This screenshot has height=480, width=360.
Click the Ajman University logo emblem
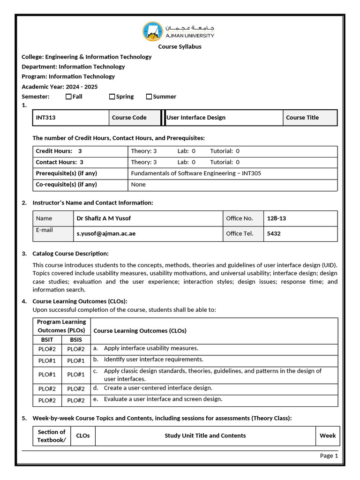(153, 31)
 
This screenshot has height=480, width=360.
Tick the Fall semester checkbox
(68, 97)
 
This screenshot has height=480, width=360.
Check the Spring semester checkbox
(112, 97)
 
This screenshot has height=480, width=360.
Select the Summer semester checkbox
(149, 97)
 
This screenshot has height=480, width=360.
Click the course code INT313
(45, 118)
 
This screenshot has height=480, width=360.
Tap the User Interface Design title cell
(196, 118)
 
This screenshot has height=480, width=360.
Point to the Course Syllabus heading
(180, 46)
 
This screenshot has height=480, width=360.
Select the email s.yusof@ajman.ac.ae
(106, 233)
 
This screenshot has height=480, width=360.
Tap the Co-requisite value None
(138, 185)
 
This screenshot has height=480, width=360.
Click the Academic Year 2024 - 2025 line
(60, 87)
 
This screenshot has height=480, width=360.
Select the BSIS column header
(76, 339)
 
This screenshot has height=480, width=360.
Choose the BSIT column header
(47, 339)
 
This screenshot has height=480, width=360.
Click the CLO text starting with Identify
(153, 360)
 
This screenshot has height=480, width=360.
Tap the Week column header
(328, 435)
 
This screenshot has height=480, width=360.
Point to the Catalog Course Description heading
(70, 254)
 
